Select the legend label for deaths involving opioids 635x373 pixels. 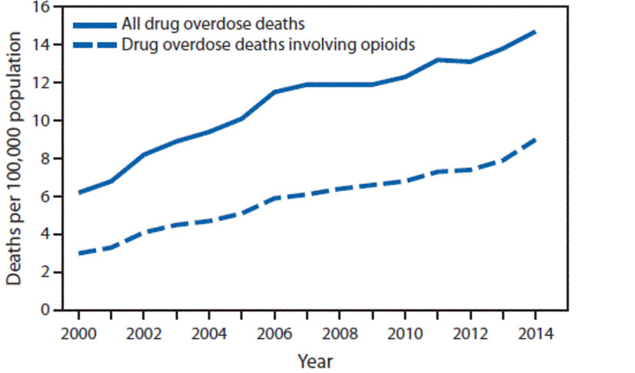268,44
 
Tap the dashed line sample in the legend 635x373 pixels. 96,44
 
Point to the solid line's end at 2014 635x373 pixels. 535,32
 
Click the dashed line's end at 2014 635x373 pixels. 535,140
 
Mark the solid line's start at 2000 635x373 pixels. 78,193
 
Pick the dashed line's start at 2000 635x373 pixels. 78,253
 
